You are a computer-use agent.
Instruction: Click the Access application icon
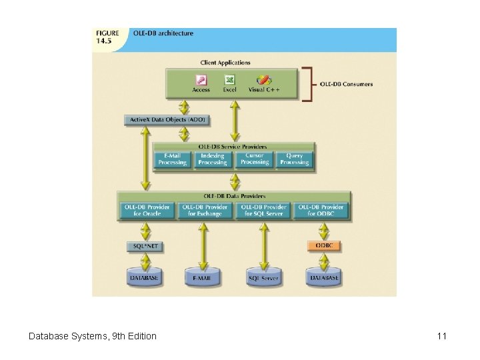(x=201, y=80)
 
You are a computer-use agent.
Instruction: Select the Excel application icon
(x=229, y=80)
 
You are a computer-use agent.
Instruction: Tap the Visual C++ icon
(x=264, y=80)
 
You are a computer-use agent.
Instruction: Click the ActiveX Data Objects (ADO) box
(x=167, y=120)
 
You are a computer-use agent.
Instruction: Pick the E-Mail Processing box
(x=173, y=159)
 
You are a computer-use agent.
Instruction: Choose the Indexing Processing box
(x=213, y=159)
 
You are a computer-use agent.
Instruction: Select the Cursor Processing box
(x=254, y=159)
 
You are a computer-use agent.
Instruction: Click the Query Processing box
(x=294, y=159)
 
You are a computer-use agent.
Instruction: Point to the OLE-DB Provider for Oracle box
(x=147, y=210)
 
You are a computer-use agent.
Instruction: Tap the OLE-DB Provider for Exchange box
(x=205, y=210)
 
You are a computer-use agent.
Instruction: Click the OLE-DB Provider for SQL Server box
(x=265, y=210)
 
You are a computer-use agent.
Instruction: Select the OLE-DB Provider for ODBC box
(x=321, y=210)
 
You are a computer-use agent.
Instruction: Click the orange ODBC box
(x=324, y=246)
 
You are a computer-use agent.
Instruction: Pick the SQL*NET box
(x=145, y=247)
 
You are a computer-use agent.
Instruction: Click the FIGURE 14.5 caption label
(x=107, y=37)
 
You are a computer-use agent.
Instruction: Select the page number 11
(x=441, y=336)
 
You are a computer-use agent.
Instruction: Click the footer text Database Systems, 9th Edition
(x=93, y=336)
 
